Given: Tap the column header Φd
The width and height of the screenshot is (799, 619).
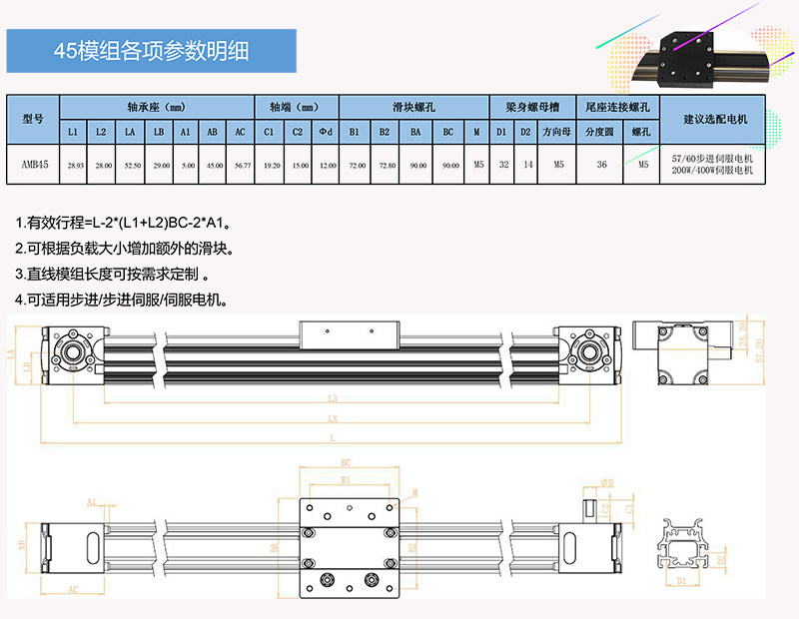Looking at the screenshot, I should click(326, 132).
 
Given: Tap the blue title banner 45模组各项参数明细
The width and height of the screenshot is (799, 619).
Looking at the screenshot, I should click(152, 50).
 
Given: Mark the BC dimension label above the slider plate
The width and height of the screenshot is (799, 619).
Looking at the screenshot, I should click(346, 463).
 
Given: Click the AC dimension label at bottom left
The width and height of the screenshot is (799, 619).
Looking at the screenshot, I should click(74, 590).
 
